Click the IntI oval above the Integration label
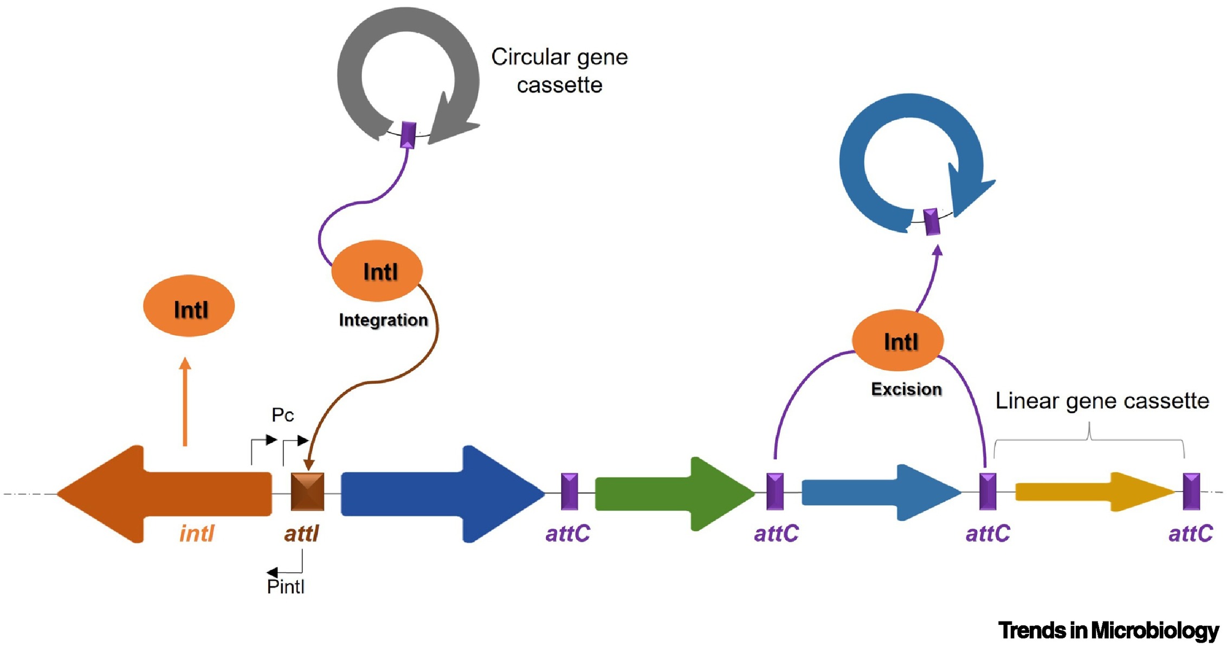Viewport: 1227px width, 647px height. point(377,271)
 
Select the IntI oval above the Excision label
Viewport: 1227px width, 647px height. point(898,341)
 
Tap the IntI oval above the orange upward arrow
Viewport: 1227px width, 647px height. point(189,307)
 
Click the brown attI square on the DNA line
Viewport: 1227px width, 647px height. point(307,492)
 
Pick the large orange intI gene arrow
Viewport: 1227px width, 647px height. point(163,493)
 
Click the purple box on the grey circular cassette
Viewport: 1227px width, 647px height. point(408,135)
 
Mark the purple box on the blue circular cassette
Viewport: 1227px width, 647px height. point(932,222)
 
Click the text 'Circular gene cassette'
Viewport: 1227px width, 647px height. point(559,70)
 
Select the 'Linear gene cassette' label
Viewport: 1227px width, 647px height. point(1102,401)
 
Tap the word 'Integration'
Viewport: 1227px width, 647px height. point(383,320)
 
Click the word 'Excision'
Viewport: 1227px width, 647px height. point(906,389)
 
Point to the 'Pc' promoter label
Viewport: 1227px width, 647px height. point(282,415)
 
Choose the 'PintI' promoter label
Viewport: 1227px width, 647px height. point(286,586)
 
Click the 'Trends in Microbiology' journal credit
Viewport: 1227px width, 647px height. point(1108,630)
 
